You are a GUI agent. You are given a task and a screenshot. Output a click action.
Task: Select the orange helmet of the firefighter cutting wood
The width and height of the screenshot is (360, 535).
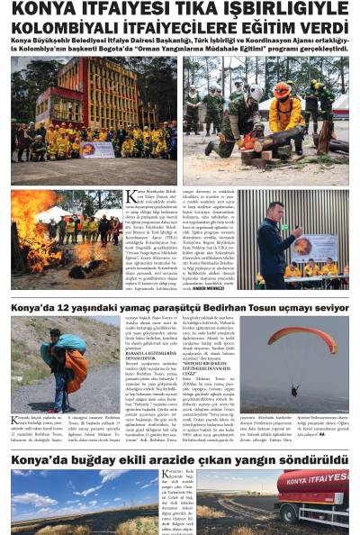click(x=283, y=90)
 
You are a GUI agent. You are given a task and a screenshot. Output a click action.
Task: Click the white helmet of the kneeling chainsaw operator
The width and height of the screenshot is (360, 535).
click(x=255, y=93)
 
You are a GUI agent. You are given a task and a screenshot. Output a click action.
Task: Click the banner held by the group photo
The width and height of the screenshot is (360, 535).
click(x=97, y=149)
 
